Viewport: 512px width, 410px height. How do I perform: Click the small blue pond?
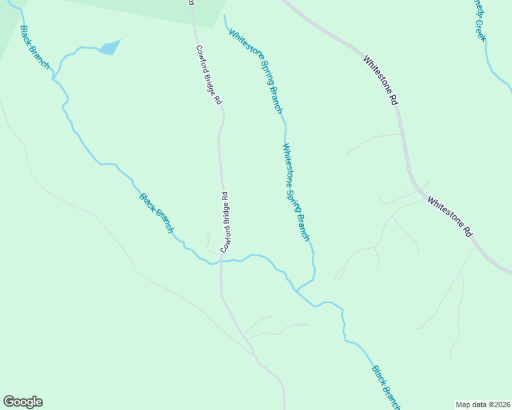[110, 47]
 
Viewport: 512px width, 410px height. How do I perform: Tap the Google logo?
[23, 402]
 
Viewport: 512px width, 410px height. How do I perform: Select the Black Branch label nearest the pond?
[35, 48]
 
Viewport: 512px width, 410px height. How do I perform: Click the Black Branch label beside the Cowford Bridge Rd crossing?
[157, 213]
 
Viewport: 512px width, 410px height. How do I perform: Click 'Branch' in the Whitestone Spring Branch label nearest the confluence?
[304, 225]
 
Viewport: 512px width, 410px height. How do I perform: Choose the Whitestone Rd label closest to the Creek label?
[381, 81]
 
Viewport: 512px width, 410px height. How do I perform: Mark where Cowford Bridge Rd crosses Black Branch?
[221, 260]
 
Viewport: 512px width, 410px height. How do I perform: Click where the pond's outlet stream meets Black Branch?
[53, 77]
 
